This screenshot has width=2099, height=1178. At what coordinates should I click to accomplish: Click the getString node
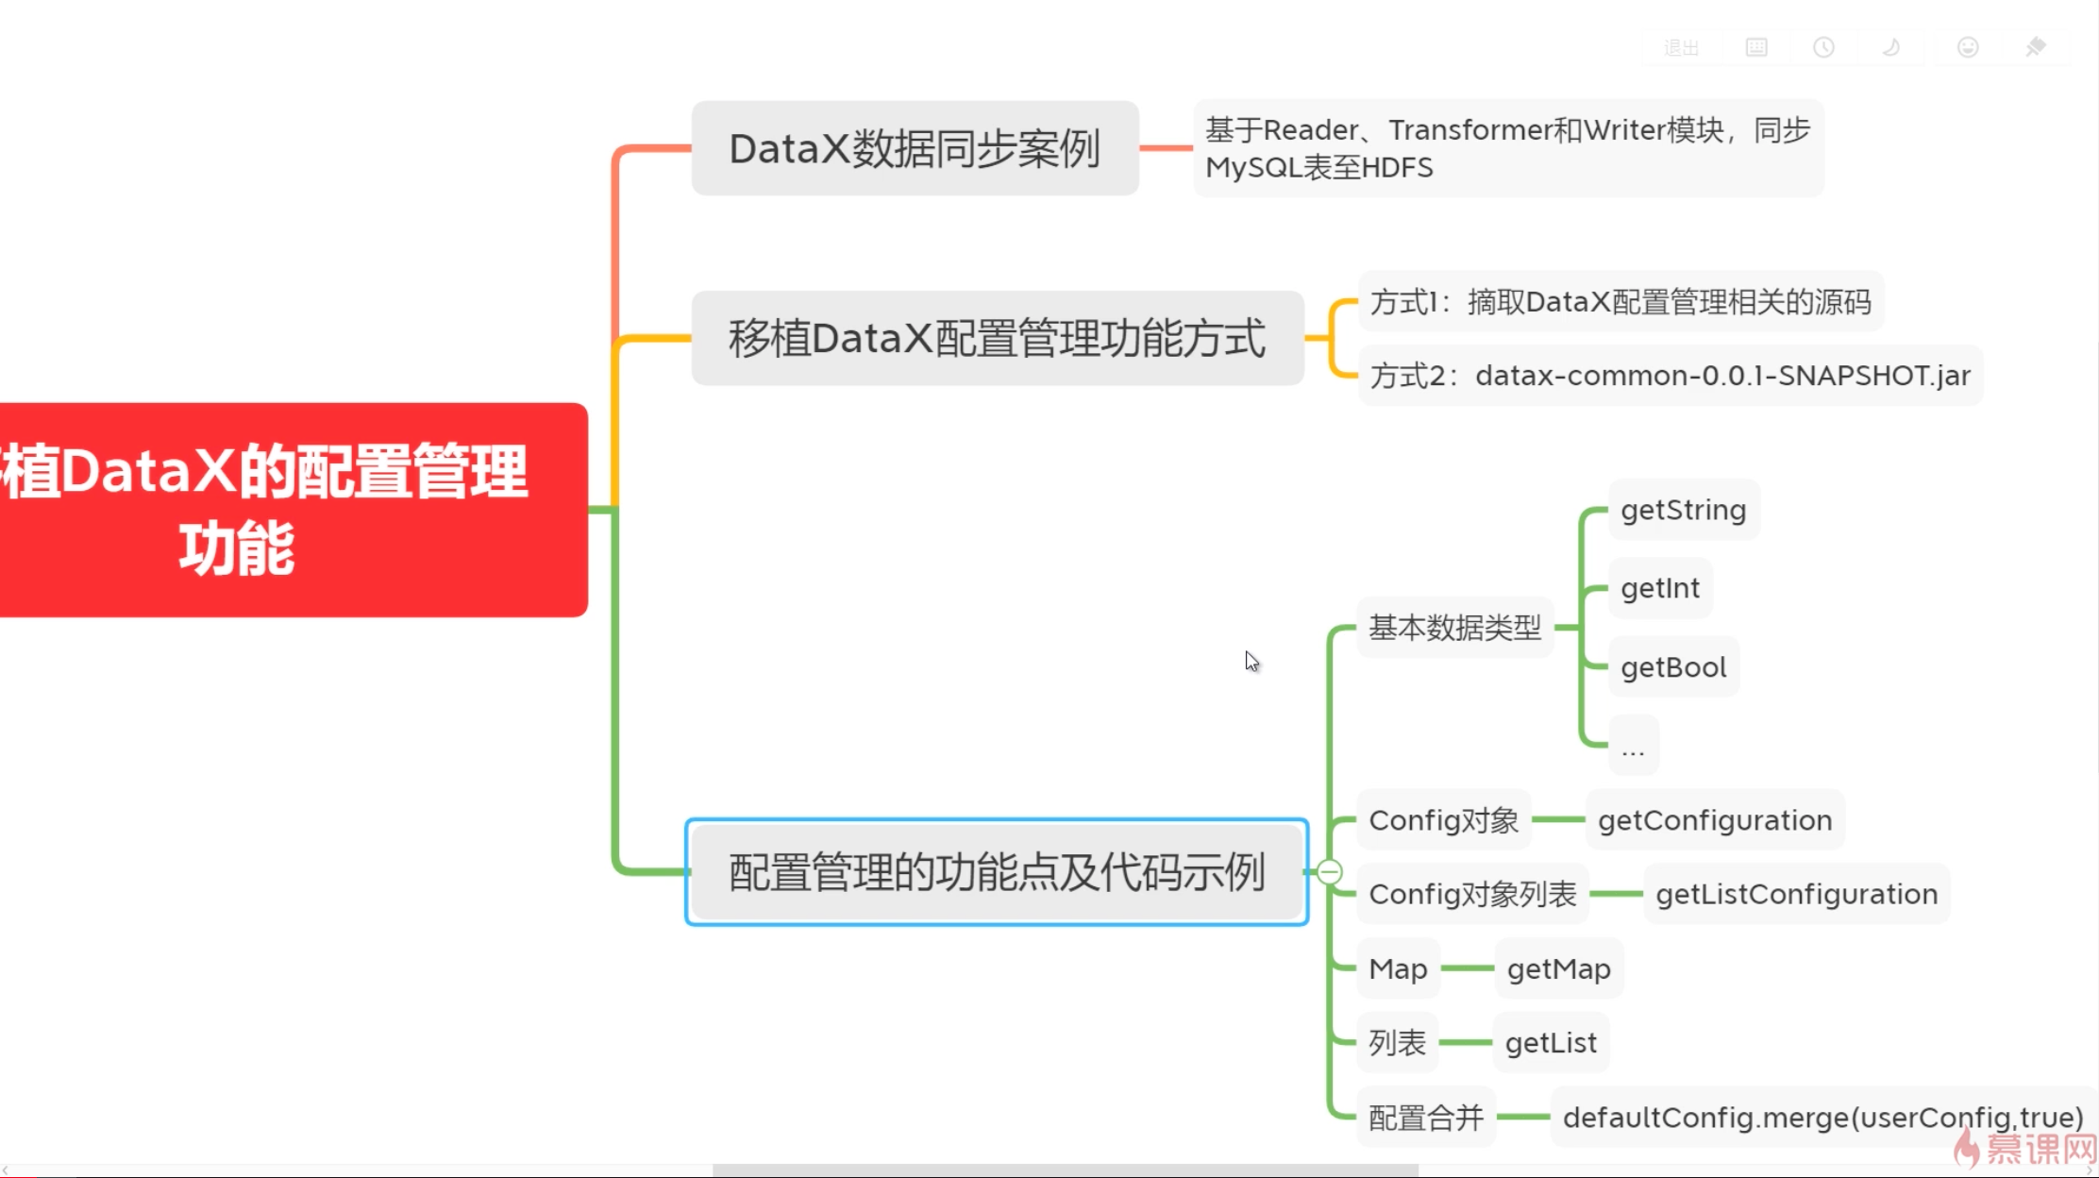pos(1683,511)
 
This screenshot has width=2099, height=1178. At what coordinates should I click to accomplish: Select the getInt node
pos(1659,589)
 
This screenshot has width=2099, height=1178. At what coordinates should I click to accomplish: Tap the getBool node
pos(1672,668)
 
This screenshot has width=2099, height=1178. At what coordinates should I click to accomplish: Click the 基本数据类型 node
pos(1454,628)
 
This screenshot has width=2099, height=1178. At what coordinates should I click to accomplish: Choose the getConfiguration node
pos(1714,820)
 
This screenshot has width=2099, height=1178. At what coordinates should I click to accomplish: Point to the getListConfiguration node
pos(1796,894)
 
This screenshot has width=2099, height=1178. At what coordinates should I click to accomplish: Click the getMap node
pos(1558,969)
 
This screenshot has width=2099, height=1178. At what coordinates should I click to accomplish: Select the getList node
pos(1551,1043)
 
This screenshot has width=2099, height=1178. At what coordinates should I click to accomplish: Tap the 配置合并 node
pos(1425,1118)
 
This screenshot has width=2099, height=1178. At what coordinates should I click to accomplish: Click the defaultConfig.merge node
pos(1822,1118)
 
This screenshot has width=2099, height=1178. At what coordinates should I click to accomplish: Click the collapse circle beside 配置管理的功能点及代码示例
pos(1330,872)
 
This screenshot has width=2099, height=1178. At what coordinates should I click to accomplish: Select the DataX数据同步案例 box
pos(915,149)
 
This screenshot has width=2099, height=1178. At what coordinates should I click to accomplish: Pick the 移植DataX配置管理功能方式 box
pos(997,339)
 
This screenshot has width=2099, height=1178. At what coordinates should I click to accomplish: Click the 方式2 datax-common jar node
pos(1670,376)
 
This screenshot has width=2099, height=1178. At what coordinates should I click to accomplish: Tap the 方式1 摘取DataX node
pos(1620,302)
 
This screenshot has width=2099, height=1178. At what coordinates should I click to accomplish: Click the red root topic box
pos(293,510)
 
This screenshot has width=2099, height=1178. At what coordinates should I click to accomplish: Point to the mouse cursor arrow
pos(1251,661)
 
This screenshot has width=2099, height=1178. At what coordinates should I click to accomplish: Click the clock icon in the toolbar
pos(1823,47)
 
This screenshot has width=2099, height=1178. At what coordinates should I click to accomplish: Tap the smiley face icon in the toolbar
pos(1967,47)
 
